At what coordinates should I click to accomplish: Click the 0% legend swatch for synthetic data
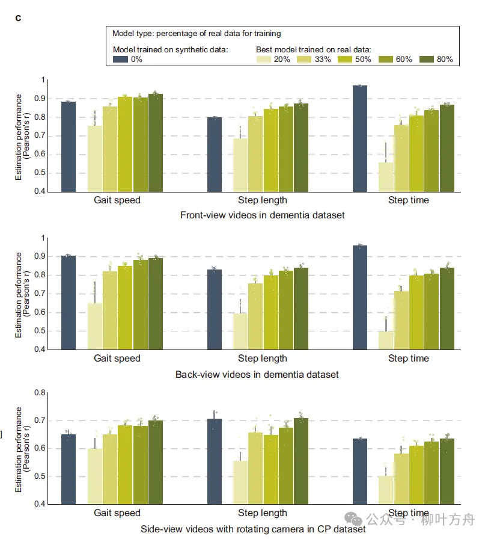[x=120, y=59]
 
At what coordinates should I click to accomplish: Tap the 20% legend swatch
[x=264, y=59]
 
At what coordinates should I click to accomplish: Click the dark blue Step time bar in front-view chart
[x=360, y=139]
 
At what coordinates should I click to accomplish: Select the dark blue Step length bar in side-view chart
[x=215, y=461]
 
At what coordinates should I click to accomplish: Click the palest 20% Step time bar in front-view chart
[x=386, y=177]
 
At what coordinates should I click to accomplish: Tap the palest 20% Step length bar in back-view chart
[x=240, y=331]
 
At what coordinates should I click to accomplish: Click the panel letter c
[x=19, y=17]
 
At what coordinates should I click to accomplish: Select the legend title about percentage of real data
[x=197, y=33]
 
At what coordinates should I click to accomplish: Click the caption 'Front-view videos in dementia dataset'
[x=263, y=215]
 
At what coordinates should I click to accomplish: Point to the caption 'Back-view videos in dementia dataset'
[x=257, y=374]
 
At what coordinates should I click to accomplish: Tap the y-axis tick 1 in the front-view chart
[x=43, y=80]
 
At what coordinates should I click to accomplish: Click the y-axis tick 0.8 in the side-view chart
[x=40, y=393]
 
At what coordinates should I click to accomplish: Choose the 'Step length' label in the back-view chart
[x=263, y=359]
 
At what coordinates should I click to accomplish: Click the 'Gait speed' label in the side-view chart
[x=117, y=513]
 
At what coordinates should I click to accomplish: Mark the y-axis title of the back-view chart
[x=22, y=294]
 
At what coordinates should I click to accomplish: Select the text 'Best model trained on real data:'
[x=313, y=49]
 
